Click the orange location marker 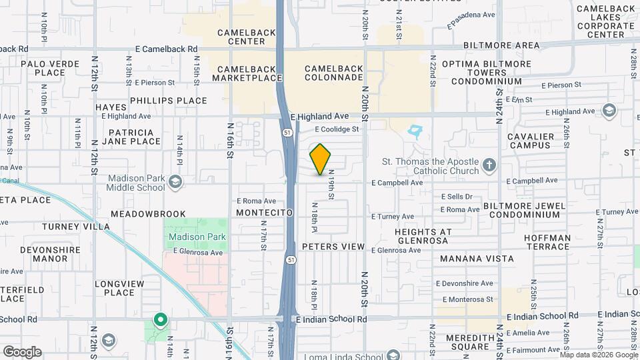point(321,159)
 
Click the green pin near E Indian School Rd point(160,320)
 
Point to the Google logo point(22,351)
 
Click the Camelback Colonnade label point(333,73)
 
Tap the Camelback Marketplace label point(247,73)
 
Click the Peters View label point(333,247)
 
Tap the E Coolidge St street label point(337,129)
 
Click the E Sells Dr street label point(457,197)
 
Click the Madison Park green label point(197,237)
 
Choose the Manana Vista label point(477,259)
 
